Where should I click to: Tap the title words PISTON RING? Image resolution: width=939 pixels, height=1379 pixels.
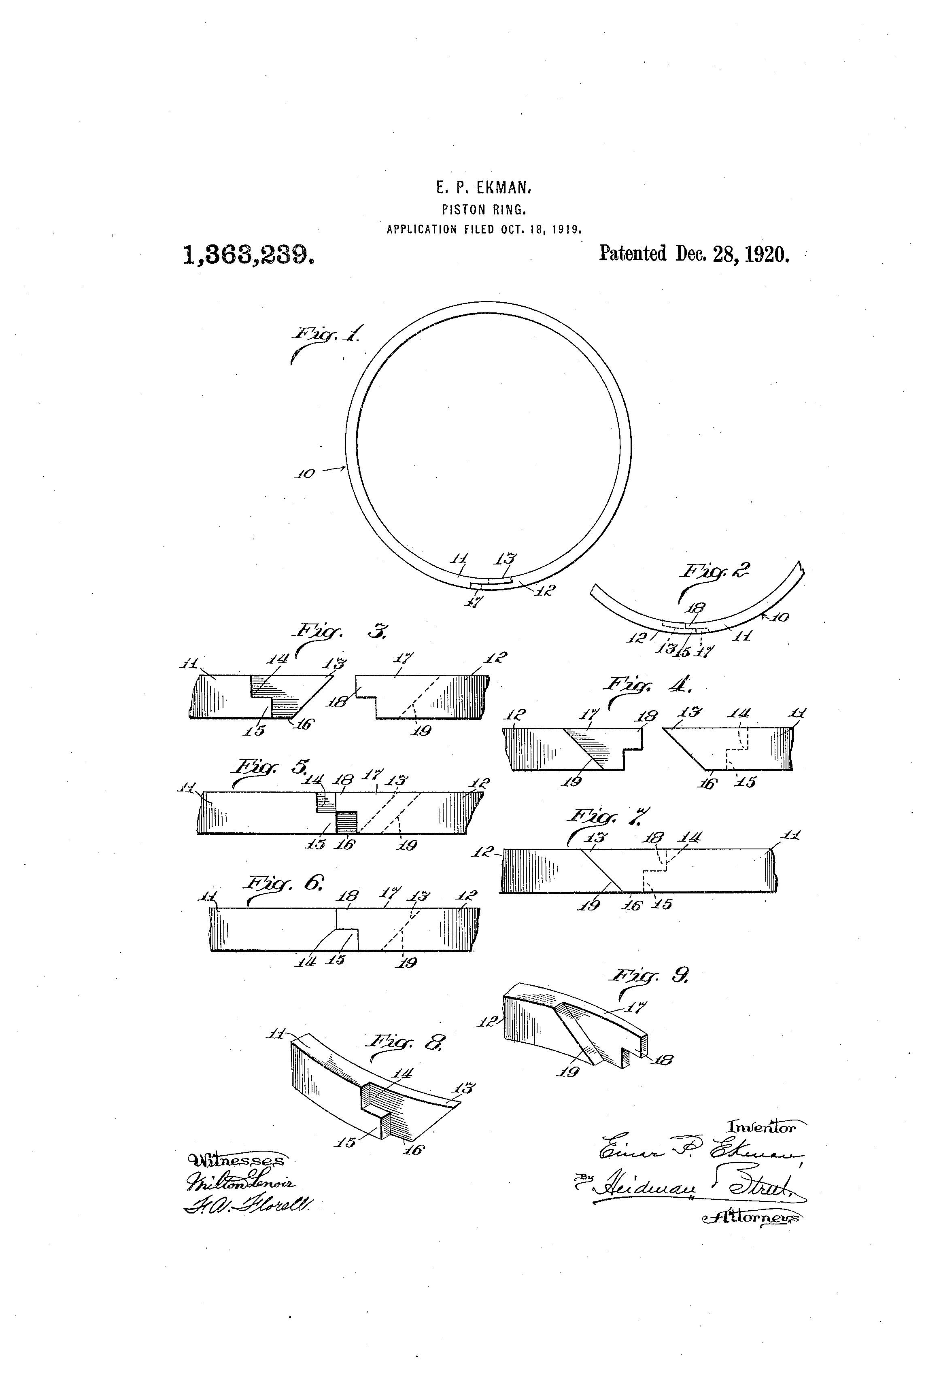pyautogui.click(x=484, y=210)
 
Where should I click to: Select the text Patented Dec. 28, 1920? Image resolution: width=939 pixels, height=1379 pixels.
pyautogui.click(x=694, y=254)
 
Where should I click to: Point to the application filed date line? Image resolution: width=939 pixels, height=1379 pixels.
pyautogui.click(x=484, y=229)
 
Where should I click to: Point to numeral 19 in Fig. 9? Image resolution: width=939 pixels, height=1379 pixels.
pyautogui.click(x=569, y=1071)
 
